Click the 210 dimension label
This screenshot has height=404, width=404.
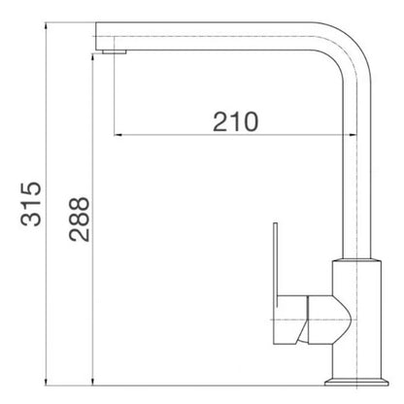(236, 121)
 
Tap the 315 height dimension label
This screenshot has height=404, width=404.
(31, 204)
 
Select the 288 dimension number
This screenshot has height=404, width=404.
(79, 219)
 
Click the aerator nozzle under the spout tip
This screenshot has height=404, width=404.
(115, 51)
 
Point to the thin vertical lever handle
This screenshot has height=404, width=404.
(276, 265)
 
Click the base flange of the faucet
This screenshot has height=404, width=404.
(356, 382)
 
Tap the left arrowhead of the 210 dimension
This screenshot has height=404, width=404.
(118, 135)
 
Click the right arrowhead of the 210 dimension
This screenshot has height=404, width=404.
(353, 135)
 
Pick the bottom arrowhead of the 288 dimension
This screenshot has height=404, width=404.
(93, 382)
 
